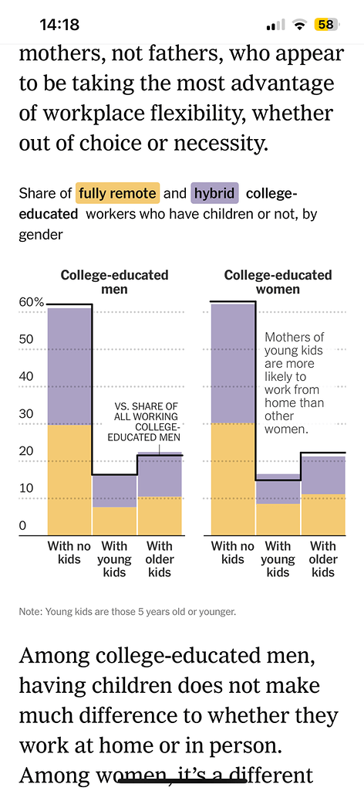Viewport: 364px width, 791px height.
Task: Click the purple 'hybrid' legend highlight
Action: click(x=215, y=193)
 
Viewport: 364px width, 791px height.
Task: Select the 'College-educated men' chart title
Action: click(x=115, y=282)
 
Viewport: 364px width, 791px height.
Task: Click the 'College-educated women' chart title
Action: click(x=278, y=282)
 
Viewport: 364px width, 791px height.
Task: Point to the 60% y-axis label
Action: click(x=32, y=302)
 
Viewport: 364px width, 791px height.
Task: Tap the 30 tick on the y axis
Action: click(x=27, y=414)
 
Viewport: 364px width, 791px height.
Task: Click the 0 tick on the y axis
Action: click(x=23, y=527)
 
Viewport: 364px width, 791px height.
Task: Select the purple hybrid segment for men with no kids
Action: click(x=69, y=366)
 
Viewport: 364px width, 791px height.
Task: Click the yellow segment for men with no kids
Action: click(x=69, y=479)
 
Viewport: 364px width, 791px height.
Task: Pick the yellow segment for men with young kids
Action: click(x=115, y=520)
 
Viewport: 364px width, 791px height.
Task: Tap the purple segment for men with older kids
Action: click(x=160, y=476)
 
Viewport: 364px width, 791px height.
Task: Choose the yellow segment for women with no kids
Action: click(x=233, y=478)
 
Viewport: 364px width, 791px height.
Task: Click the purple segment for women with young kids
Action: click(x=278, y=489)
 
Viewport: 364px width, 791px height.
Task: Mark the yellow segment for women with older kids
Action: click(x=323, y=514)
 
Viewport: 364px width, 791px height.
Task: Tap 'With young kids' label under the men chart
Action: click(x=115, y=559)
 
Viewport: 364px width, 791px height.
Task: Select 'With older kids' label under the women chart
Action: click(x=323, y=559)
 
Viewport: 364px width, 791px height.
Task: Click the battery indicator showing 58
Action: click(x=325, y=25)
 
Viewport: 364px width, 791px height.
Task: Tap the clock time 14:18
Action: click(x=59, y=25)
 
